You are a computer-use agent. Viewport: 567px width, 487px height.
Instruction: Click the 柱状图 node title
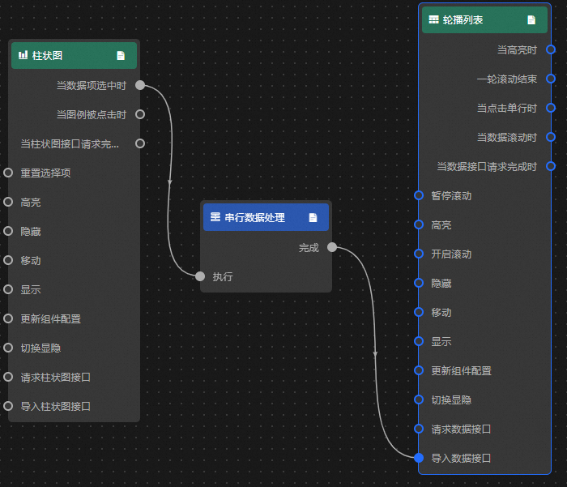47,56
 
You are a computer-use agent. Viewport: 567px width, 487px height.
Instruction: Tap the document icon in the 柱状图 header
121,56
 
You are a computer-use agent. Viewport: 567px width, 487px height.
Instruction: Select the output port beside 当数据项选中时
140,85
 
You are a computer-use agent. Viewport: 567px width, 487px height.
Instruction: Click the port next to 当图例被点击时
140,114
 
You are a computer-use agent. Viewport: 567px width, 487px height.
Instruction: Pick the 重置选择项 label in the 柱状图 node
46,173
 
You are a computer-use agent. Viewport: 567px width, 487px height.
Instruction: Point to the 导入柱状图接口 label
55,406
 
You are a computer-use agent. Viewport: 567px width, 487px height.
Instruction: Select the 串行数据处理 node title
254,217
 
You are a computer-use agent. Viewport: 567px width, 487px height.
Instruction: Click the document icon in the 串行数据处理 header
313,217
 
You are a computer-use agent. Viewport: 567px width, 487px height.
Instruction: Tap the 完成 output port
332,248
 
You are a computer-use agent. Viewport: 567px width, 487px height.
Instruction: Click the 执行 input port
200,276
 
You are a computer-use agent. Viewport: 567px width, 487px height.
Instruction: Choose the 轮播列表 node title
463,19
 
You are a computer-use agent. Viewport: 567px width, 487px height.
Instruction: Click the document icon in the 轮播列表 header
531,19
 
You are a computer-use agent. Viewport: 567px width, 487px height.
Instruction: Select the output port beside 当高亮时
551,49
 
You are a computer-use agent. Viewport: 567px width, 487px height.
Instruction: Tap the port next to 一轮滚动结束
551,79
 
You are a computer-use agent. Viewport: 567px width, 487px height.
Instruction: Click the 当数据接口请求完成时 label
487,166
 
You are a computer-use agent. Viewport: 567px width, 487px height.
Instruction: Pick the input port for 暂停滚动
419,195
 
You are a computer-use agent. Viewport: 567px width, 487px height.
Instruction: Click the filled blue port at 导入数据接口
419,458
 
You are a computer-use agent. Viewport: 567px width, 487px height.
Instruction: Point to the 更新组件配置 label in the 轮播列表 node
461,370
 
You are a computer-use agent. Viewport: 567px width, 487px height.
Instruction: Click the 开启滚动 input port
419,254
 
